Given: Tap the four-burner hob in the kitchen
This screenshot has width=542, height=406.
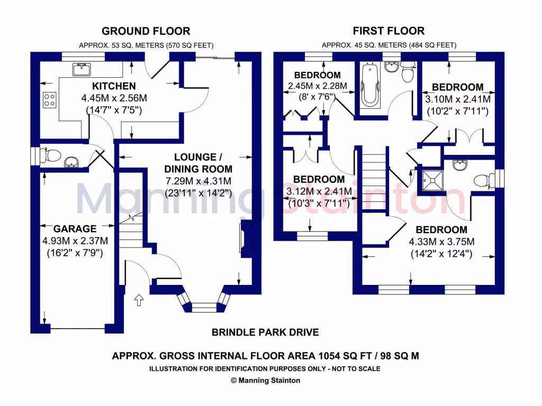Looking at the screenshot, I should coord(50,100).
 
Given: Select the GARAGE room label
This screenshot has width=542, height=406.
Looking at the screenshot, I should coord(75,229).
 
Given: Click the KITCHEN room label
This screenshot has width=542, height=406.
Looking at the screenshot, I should coord(114,86).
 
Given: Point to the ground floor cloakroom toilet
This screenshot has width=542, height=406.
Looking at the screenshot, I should coord(51,155).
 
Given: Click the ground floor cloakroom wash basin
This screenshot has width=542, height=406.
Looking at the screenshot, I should coord(71,162).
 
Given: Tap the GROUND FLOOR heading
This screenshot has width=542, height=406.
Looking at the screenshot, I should coord(146,31).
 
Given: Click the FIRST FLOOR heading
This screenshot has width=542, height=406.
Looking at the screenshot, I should coord(389,31).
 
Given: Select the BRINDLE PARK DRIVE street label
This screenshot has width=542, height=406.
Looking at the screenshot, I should coord(265,333).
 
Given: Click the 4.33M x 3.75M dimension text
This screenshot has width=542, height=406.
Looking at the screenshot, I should coord(441,242).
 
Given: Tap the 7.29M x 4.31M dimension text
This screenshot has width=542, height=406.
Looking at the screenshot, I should coord(198,181).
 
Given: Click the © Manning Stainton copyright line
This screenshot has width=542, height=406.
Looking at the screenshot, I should coord(265,380).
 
